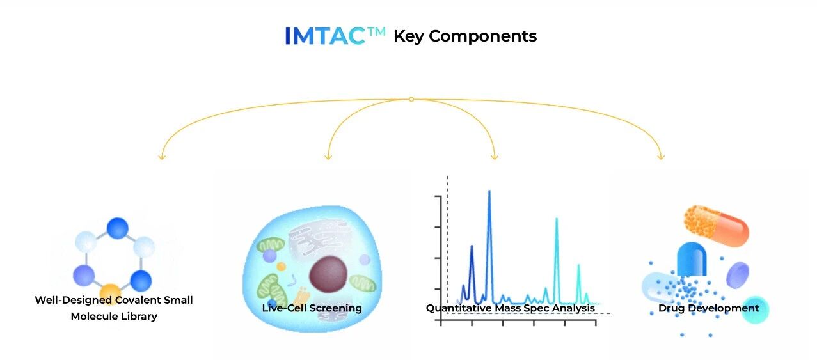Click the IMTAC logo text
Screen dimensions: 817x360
click(x=335, y=36)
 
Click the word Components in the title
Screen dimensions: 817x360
click(x=482, y=36)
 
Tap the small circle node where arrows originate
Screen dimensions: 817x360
click(x=411, y=99)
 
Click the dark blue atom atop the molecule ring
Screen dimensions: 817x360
click(x=118, y=228)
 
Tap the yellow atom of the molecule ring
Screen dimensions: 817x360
click(x=110, y=292)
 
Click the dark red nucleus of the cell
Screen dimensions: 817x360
click(x=328, y=274)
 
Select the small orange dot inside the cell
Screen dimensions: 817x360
click(x=282, y=267)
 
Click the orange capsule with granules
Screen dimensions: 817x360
click(x=716, y=226)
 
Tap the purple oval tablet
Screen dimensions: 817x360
click(x=738, y=275)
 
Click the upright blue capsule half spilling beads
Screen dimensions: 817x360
click(x=692, y=259)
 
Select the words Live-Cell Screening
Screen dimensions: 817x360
click(x=312, y=308)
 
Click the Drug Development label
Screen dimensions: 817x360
click(x=708, y=308)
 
